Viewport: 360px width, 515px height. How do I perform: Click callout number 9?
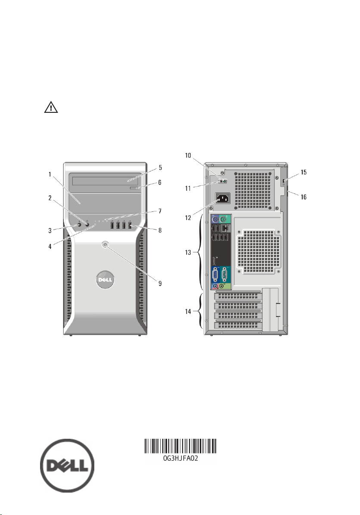click(160, 283)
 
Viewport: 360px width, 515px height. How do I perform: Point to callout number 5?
click(160, 168)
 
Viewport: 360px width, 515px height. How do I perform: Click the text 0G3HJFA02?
click(180, 459)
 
